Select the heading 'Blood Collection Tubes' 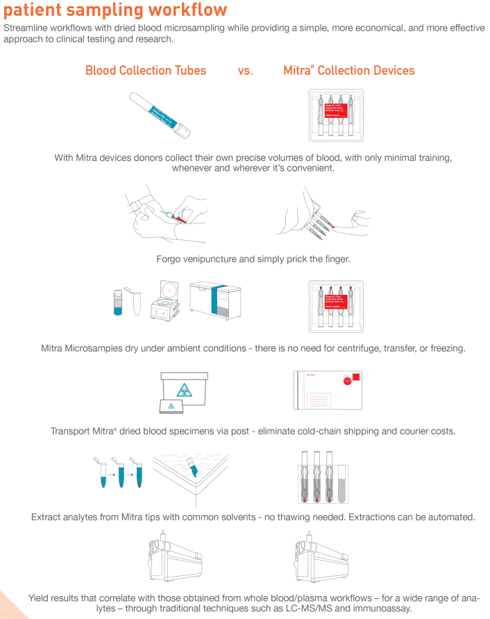[146, 70]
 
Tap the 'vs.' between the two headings [245, 71]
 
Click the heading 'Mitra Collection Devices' [348, 70]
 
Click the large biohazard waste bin [184, 389]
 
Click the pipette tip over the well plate [194, 470]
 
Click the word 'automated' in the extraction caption [450, 517]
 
